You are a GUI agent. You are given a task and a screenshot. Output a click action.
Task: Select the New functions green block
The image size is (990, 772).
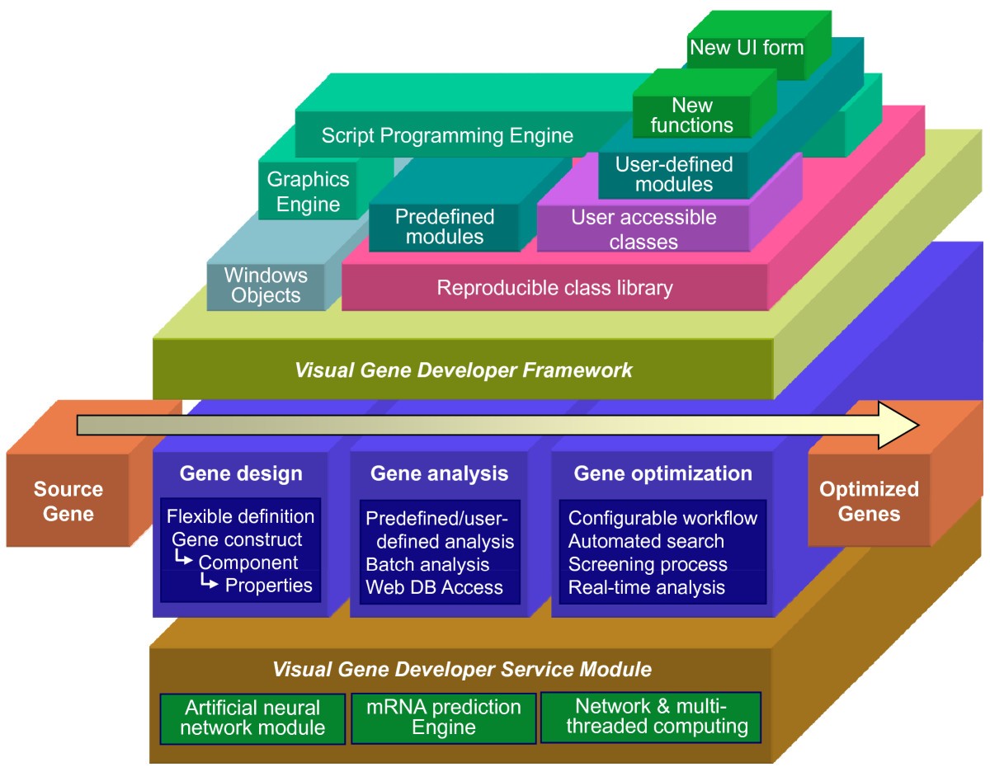691,115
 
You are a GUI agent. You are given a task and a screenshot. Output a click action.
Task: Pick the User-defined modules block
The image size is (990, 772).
674,174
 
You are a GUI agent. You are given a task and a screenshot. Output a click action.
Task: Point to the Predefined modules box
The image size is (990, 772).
444,227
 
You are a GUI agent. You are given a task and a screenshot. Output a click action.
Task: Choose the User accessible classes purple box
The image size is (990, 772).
643,229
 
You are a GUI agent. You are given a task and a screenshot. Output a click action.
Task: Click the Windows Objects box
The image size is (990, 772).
266,285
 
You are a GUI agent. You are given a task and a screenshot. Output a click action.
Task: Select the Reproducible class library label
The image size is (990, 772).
554,288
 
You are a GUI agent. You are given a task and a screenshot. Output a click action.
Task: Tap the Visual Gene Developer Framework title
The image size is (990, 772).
463,370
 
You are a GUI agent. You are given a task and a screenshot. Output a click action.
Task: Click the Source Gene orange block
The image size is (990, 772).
68,501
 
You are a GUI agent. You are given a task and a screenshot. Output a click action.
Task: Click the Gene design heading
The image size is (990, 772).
241,473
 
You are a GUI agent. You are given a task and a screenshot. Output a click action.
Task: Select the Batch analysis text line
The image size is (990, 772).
427,565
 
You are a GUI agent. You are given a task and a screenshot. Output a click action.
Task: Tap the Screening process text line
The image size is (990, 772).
648,565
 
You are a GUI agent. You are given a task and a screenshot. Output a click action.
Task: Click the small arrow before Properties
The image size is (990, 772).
211,585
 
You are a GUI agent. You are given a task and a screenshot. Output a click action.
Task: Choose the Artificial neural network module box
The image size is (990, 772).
252,718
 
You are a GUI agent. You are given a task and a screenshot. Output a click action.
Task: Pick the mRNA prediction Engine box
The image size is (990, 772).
444,717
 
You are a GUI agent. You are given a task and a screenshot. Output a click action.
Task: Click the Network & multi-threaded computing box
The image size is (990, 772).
650,717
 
